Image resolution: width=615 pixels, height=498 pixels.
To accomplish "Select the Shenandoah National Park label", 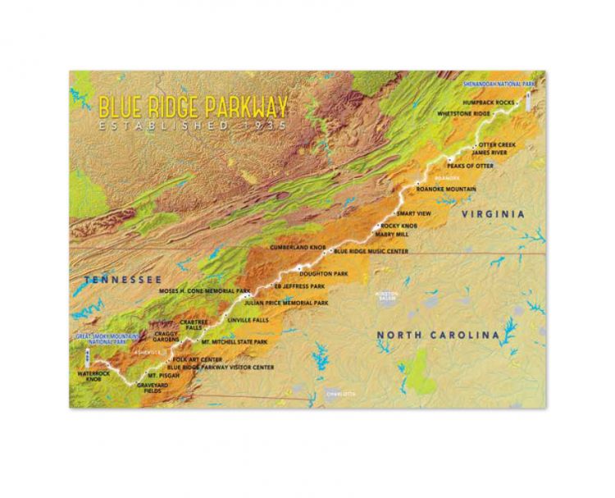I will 503,84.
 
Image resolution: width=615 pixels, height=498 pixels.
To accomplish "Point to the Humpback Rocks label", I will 489,103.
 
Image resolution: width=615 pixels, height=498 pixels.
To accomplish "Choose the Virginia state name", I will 492,214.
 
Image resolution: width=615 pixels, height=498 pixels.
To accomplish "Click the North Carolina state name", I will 437,335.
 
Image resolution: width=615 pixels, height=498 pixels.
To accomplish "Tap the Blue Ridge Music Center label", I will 372,250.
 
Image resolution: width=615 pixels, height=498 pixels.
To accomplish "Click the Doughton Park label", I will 325,272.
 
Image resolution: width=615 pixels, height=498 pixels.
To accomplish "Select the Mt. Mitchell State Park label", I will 235,340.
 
